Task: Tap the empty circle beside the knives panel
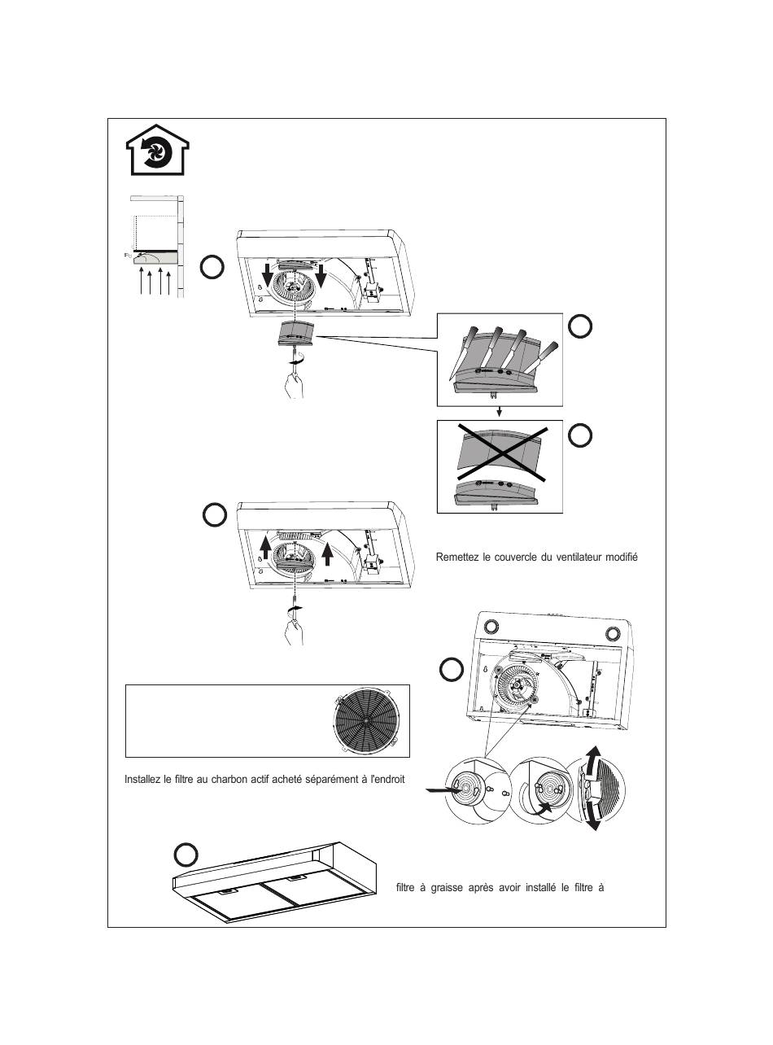tap(579, 327)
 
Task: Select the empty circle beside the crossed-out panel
tap(579, 436)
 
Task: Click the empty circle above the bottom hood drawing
tap(186, 855)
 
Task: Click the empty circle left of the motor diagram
tap(452, 670)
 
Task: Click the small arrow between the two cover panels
tap(500, 413)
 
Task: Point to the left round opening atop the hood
tap(492, 627)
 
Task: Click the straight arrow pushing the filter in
tap(444, 789)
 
